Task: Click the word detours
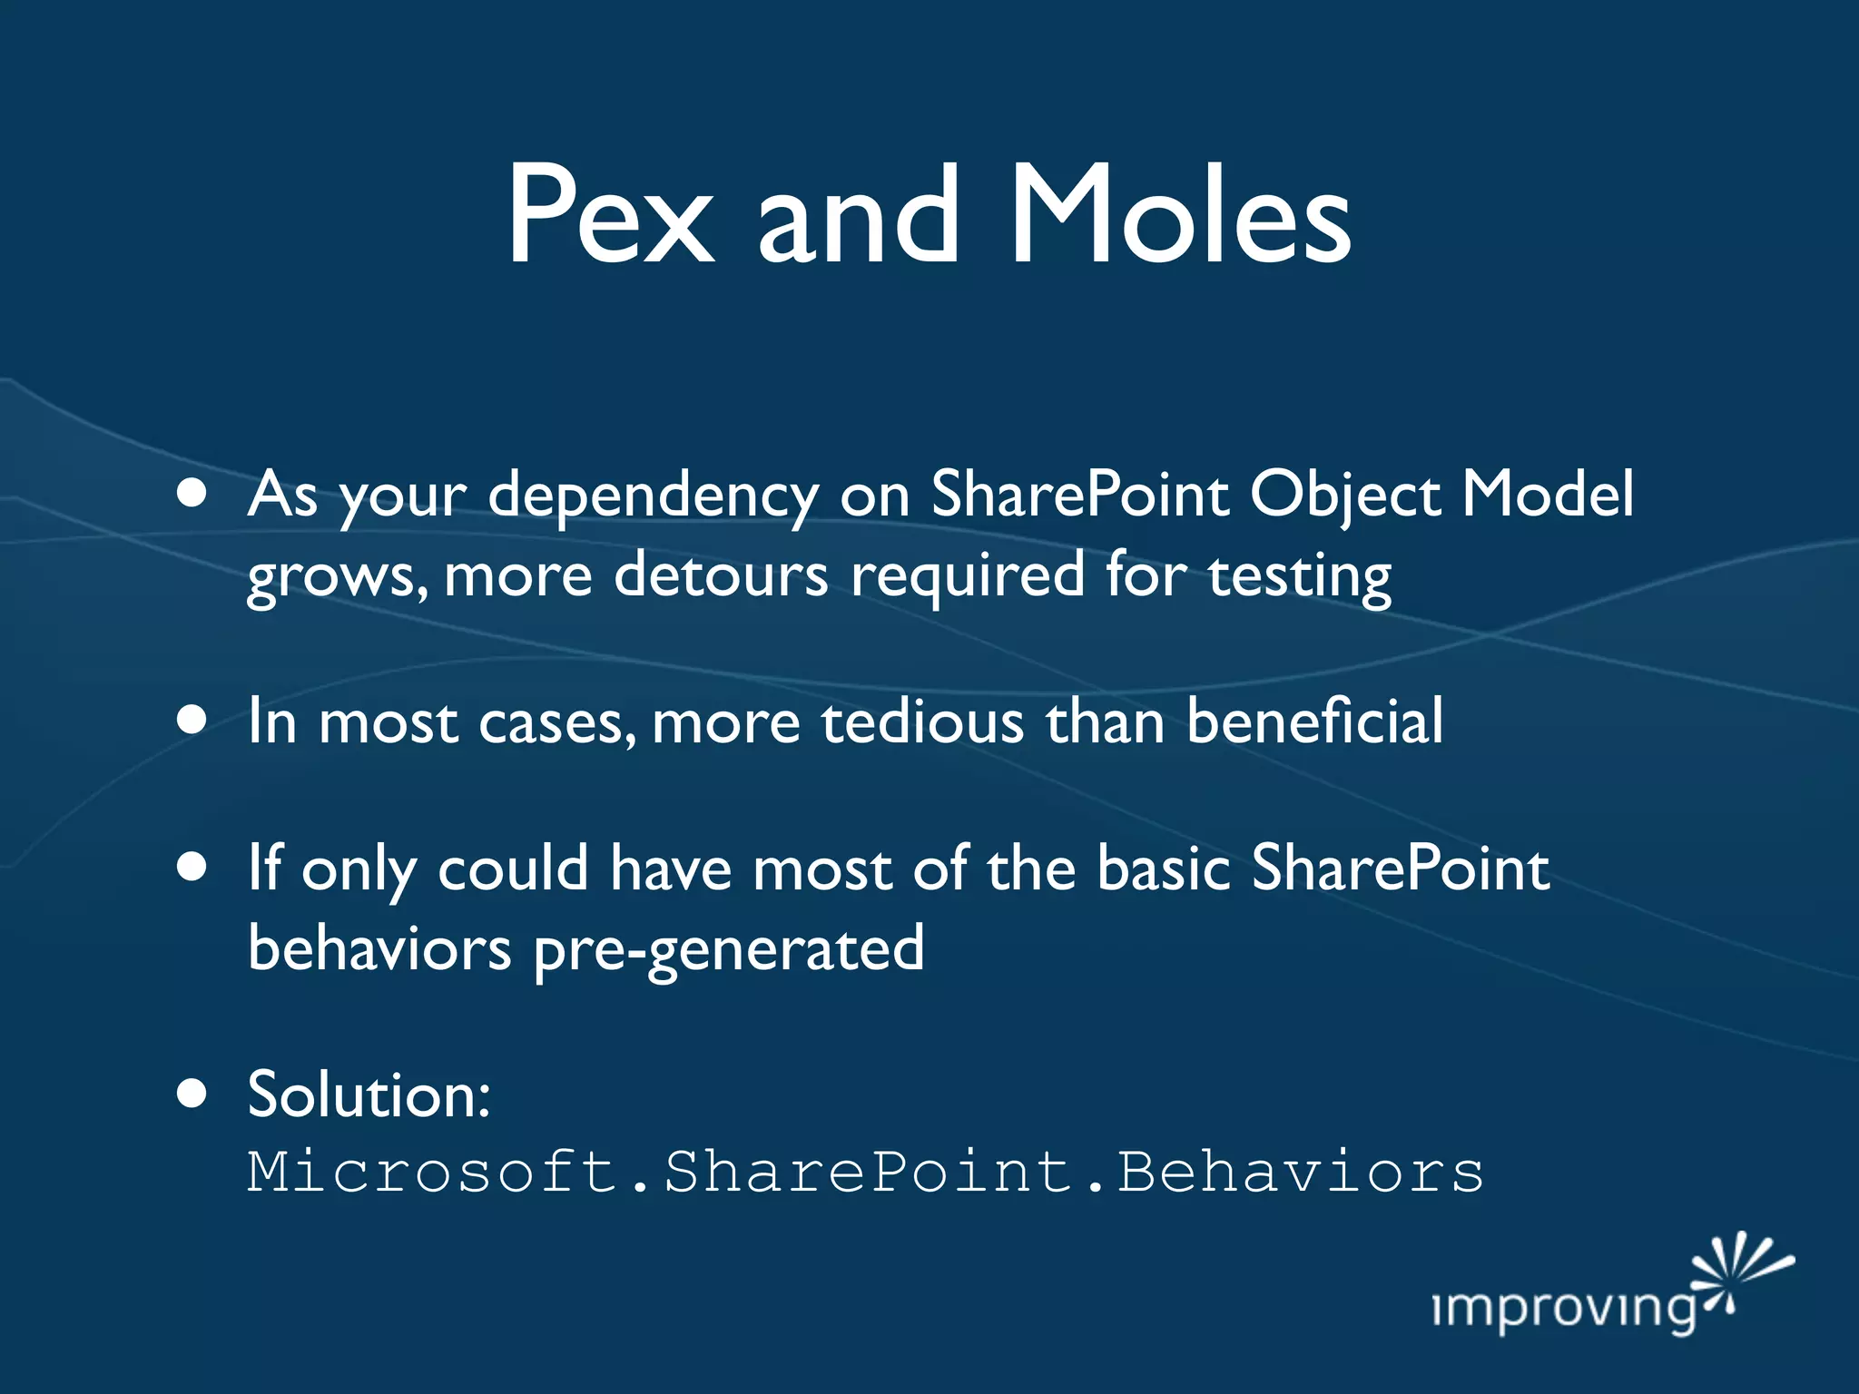pyautogui.click(x=721, y=575)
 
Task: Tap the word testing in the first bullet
pyautogui.click(x=1299, y=577)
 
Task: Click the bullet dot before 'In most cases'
pyautogui.click(x=192, y=720)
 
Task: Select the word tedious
pyautogui.click(x=922, y=722)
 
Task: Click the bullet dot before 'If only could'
pyautogui.click(x=192, y=866)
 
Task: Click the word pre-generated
pyautogui.click(x=729, y=949)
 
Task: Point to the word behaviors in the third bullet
pyautogui.click(x=379, y=947)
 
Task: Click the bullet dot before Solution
pyautogui.click(x=192, y=1093)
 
